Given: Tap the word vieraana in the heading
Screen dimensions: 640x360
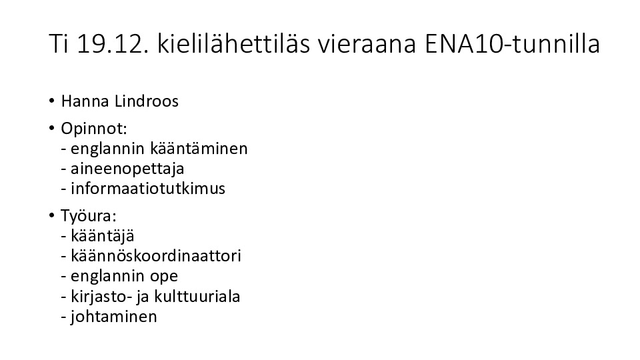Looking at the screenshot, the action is point(367,44).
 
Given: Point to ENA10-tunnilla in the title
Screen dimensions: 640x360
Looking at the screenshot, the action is point(513,44).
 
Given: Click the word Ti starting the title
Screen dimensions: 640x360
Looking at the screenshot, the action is point(59,44).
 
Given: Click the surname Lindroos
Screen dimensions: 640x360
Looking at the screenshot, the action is point(147,101).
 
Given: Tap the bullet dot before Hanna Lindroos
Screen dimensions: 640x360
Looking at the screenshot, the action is point(51,101).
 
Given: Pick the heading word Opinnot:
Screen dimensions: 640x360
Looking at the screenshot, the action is point(94,129).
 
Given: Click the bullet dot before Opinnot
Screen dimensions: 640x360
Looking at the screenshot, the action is point(51,128).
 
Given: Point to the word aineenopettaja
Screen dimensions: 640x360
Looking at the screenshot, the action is point(127,169).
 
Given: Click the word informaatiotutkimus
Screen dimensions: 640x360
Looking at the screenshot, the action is point(148,189).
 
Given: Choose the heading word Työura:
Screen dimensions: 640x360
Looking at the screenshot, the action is point(89,216).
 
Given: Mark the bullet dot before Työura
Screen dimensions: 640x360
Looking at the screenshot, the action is point(51,215).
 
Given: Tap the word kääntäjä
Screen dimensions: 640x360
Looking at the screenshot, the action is point(103,236).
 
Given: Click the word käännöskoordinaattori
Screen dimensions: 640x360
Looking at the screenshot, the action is point(156,256).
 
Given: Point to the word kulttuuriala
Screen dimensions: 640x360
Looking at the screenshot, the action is point(197,296).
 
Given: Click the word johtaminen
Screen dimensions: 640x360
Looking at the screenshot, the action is point(114,317).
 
